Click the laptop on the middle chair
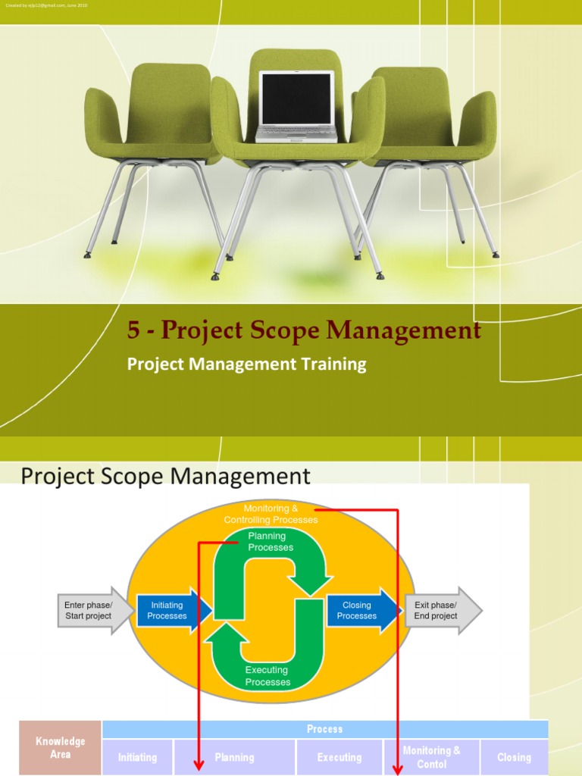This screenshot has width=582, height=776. click(296, 106)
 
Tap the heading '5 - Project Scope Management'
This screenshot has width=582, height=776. click(304, 330)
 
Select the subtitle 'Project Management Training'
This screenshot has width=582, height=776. click(246, 364)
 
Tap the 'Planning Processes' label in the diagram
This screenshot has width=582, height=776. click(271, 542)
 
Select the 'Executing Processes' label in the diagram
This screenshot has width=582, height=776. click(268, 676)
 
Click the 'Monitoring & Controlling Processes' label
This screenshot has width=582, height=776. click(271, 514)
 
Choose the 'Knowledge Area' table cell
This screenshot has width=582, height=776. click(61, 747)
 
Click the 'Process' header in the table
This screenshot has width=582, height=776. click(324, 729)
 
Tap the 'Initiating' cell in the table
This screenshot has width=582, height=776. click(138, 757)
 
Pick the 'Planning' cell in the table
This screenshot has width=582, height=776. click(234, 757)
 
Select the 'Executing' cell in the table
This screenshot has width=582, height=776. click(339, 757)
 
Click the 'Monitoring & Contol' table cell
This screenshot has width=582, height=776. click(431, 757)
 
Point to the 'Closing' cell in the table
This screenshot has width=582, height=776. click(514, 757)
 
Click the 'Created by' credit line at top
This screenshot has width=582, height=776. click(45, 5)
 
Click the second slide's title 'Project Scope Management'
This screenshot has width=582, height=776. click(165, 477)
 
